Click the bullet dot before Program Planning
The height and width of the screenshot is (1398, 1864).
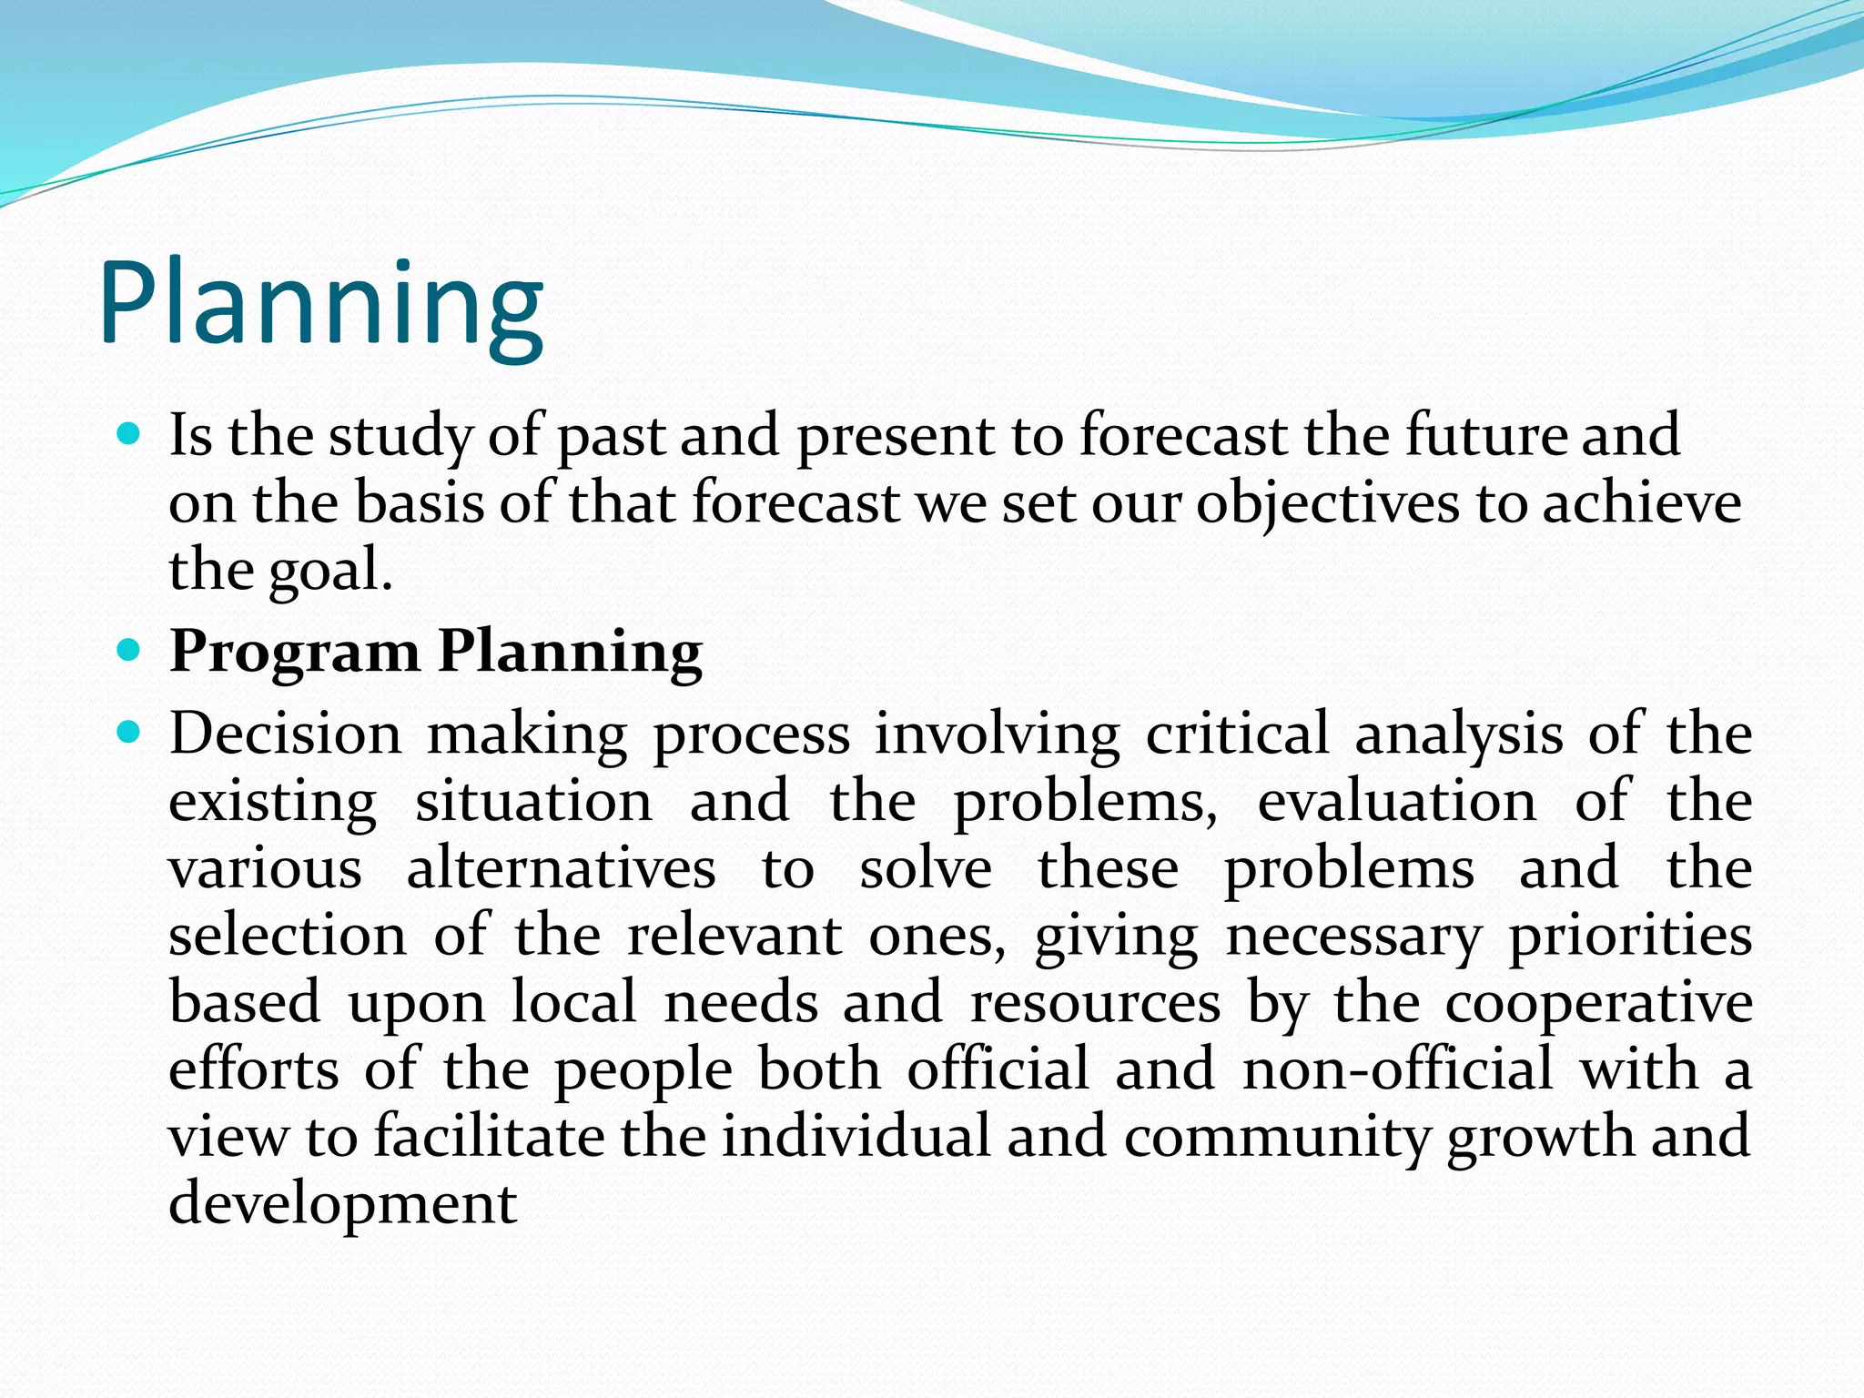pos(130,650)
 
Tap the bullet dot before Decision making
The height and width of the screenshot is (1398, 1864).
pos(130,731)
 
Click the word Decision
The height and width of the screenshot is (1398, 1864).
pos(285,734)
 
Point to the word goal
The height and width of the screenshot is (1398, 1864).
pos(330,572)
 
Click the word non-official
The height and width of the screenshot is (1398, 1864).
pos(1398,1069)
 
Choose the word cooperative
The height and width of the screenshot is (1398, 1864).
pos(1598,1003)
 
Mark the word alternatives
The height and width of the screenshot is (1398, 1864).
pos(561,868)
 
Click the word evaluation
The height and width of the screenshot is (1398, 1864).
pos(1397,801)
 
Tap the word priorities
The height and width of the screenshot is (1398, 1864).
pos(1630,936)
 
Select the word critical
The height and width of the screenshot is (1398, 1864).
pos(1237,734)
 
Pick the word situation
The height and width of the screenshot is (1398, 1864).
pos(533,801)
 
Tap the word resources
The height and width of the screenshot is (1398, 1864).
pos(1095,1003)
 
